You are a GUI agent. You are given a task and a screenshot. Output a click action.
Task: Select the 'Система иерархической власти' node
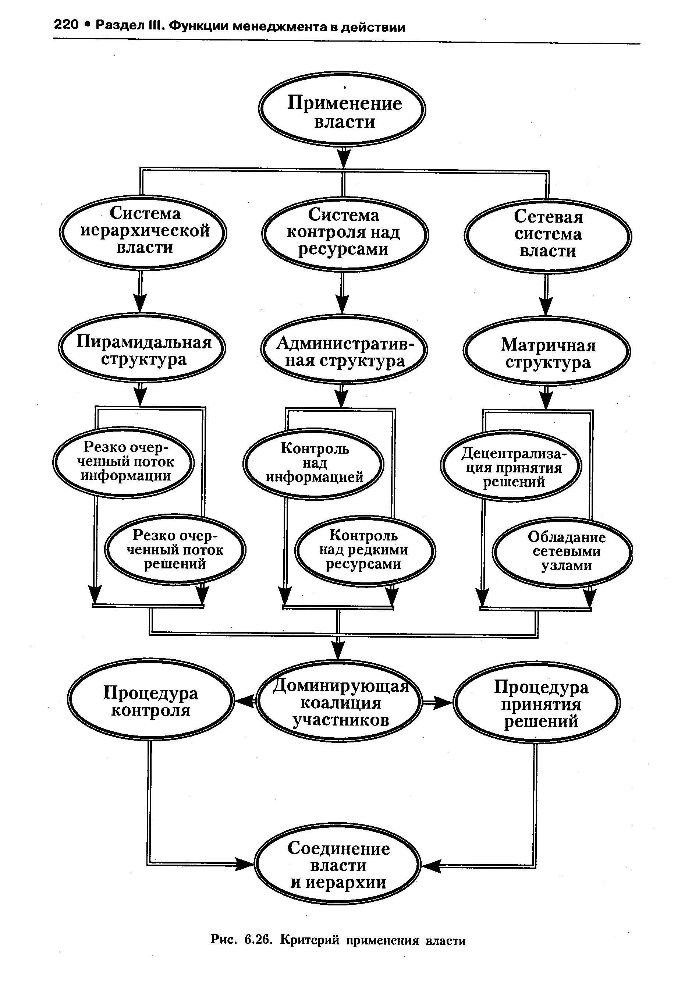point(143,233)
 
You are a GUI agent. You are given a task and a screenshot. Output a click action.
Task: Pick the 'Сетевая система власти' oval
point(548,236)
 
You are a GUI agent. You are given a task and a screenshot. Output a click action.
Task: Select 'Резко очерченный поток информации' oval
point(124,463)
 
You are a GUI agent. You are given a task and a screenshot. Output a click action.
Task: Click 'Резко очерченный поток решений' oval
point(175,550)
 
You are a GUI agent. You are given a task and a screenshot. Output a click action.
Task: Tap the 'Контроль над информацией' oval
point(313,464)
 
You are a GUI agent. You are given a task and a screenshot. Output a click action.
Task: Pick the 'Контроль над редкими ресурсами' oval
point(365,551)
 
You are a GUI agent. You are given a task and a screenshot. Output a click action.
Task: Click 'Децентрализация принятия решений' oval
point(511,466)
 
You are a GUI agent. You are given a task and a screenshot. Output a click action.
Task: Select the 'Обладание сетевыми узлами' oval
point(563,553)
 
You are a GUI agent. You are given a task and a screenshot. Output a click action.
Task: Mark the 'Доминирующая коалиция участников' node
point(339,702)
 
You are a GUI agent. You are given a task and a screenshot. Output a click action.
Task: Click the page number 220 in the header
point(66,25)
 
